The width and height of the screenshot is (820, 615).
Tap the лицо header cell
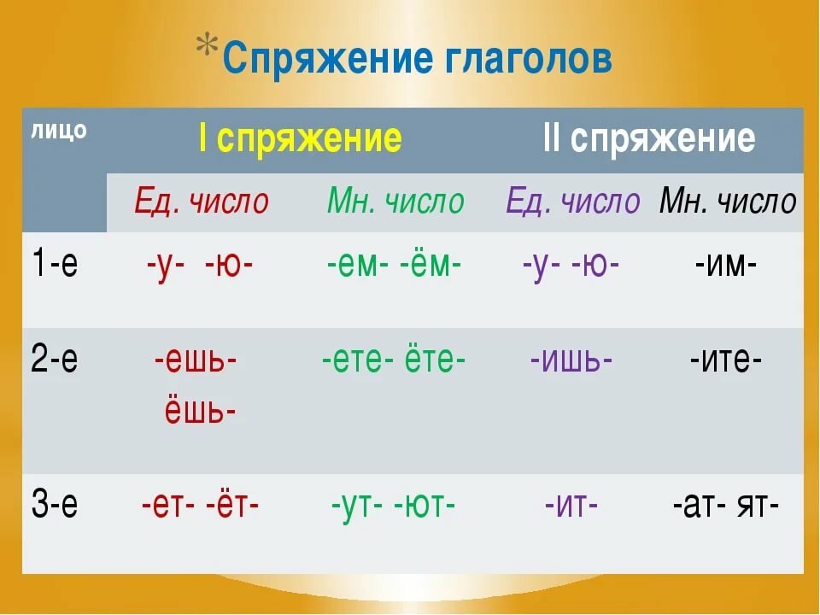[60, 131]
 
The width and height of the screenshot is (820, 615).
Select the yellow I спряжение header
[300, 138]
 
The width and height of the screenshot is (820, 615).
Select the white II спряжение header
[649, 138]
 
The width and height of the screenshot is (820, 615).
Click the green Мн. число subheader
[395, 202]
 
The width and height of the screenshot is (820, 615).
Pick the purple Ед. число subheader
[572, 202]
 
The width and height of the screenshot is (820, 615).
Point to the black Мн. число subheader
[728, 202]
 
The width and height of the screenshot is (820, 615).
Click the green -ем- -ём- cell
[394, 265]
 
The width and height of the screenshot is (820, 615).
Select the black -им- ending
[726, 265]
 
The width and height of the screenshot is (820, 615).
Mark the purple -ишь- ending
[571, 360]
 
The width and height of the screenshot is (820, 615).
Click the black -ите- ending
[726, 360]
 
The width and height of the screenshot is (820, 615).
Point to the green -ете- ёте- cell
[394, 360]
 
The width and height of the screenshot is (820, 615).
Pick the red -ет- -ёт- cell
[200, 506]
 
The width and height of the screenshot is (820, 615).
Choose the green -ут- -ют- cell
[394, 506]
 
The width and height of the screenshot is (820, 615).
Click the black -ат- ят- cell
[726, 506]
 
